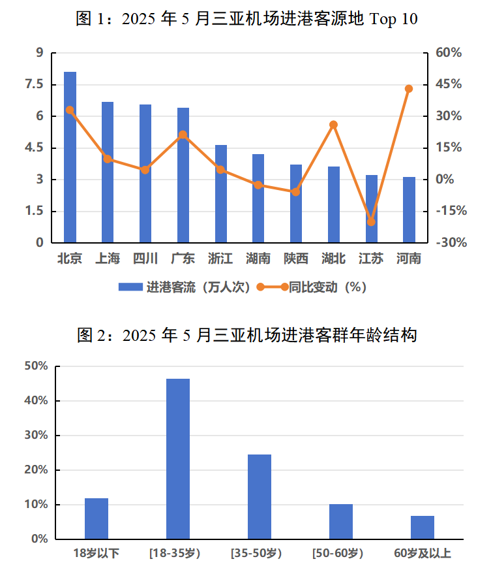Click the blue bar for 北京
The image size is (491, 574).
(70, 157)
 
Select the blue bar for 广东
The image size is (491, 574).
(183, 175)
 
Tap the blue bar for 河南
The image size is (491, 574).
(409, 210)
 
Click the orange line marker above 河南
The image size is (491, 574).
(409, 89)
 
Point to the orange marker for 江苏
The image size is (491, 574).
(371, 222)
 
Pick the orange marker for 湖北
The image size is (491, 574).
(333, 125)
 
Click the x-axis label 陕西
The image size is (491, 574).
(296, 259)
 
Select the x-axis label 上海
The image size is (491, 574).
(108, 259)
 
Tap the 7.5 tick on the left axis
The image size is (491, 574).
(34, 84)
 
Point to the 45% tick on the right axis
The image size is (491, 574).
(449, 84)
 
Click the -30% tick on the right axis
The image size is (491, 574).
(449, 243)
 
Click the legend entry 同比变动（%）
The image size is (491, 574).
(313, 287)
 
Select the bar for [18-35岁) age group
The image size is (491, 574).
(178, 459)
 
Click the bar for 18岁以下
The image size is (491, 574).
(97, 519)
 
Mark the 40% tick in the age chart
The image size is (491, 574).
(36, 401)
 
